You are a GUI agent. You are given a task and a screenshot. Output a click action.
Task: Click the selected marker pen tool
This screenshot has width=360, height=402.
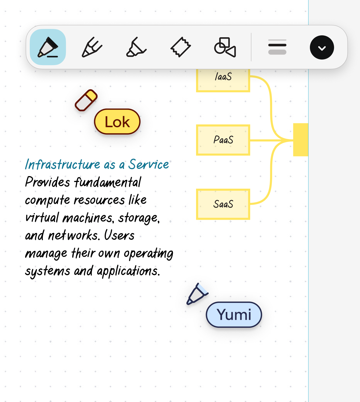click(x=48, y=47)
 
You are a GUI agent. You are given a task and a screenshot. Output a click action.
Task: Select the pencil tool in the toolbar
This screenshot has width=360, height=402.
click(x=92, y=47)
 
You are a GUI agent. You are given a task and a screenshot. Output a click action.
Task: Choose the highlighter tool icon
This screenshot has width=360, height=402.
click(x=136, y=47)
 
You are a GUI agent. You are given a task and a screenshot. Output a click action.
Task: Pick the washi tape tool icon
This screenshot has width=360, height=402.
click(x=181, y=47)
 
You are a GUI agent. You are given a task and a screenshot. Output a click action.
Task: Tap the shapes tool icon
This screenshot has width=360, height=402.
click(x=225, y=47)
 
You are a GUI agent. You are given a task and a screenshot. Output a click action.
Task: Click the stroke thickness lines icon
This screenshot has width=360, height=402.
click(x=277, y=47)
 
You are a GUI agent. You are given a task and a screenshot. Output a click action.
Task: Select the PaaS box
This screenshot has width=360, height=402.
click(x=223, y=140)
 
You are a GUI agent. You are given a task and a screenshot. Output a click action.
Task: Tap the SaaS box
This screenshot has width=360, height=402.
click(x=223, y=204)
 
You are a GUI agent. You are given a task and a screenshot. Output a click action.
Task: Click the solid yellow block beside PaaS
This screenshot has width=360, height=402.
click(x=301, y=140)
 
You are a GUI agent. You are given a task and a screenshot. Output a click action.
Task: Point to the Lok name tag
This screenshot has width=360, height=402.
click(x=117, y=122)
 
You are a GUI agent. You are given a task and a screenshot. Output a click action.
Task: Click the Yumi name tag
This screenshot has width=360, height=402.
click(x=234, y=315)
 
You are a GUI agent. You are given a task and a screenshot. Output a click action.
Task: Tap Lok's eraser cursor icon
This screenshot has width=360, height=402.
click(x=86, y=100)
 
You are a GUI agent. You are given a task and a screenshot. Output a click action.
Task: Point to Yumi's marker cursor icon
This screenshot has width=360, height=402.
click(x=197, y=294)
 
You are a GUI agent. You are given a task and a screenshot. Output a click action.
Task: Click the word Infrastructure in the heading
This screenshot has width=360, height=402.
click(x=62, y=165)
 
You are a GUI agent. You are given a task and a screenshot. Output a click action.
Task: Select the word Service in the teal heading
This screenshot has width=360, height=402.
click(x=149, y=165)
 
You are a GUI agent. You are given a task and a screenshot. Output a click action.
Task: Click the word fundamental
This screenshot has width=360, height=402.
click(x=107, y=182)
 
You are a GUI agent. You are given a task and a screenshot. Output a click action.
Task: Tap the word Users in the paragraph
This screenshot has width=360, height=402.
click(x=119, y=235)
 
